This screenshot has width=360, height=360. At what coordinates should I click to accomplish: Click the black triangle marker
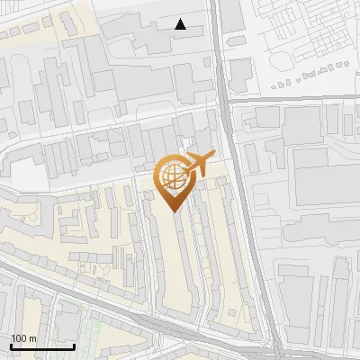(181, 24)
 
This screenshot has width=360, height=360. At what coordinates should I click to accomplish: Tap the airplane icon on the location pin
(200, 163)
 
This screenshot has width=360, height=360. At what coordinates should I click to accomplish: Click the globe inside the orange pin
(173, 175)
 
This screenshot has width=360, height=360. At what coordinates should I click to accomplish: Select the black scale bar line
(41, 346)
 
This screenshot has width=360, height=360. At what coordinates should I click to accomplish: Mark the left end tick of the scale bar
(10, 344)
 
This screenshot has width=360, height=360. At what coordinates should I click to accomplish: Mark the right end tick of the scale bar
(74, 344)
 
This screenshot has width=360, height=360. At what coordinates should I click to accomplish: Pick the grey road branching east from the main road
(297, 101)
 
